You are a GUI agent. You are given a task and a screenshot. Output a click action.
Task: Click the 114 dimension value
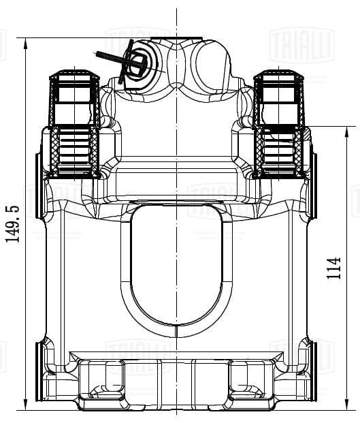click(x=333, y=270)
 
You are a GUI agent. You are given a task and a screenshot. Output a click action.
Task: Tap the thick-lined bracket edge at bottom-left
click(x=39, y=371)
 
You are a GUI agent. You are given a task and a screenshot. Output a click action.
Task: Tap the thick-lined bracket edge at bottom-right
click(x=314, y=371)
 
